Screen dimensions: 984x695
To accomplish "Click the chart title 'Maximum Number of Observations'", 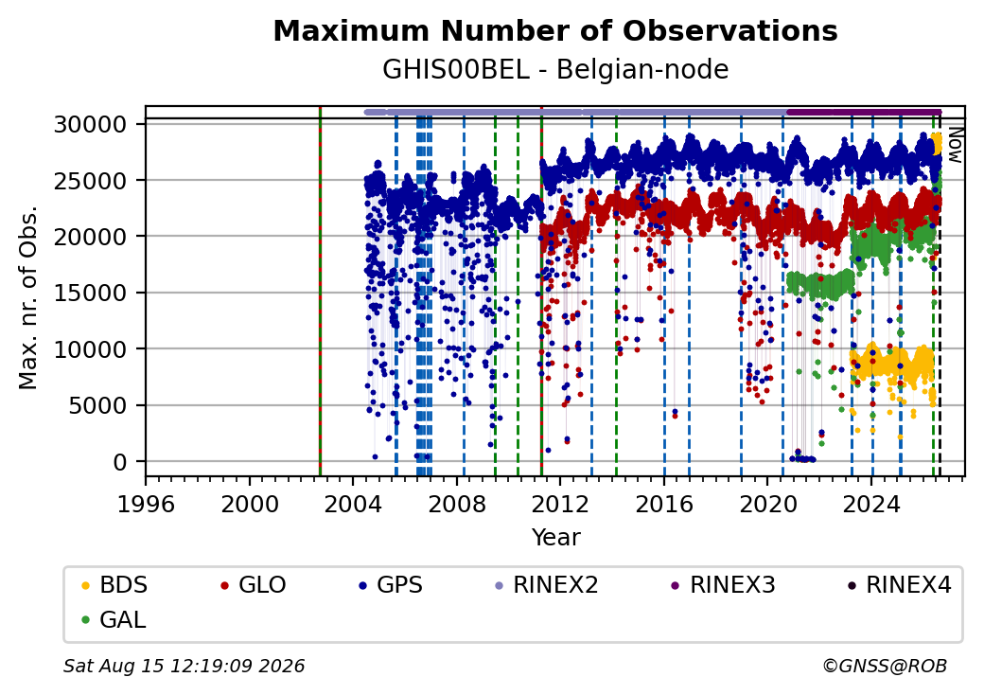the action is [555, 30].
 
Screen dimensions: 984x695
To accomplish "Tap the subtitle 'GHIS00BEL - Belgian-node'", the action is [555, 69].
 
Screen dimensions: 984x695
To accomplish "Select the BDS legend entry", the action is [114, 585].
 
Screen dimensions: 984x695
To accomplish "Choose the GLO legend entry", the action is [254, 585].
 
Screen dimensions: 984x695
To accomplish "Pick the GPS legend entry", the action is [391, 585].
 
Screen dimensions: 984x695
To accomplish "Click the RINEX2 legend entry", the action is [547, 585].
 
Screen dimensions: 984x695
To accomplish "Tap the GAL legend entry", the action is [114, 619].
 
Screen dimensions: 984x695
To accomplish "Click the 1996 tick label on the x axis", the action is [147, 504].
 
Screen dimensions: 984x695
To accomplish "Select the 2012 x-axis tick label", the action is [560, 504].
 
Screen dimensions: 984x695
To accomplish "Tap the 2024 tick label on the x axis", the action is [871, 504].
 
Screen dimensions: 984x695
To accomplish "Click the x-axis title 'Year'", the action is [556, 538].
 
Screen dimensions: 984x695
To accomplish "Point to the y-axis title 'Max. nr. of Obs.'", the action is [28, 297].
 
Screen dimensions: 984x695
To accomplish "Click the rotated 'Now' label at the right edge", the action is [955, 145].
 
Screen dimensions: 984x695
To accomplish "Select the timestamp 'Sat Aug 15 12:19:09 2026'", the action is [184, 666].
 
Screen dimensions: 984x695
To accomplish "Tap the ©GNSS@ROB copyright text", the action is [885, 666].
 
